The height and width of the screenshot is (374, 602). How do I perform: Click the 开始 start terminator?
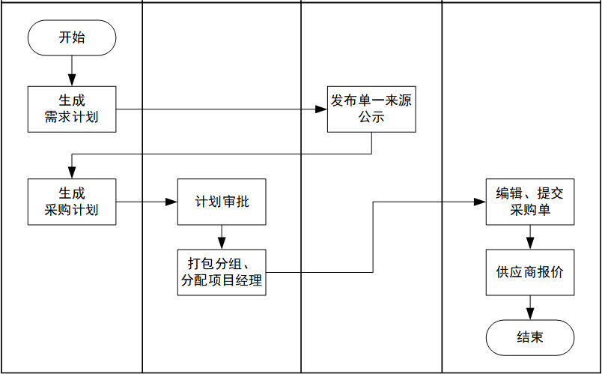(x=72, y=37)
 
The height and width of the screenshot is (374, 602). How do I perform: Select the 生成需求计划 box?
(x=72, y=109)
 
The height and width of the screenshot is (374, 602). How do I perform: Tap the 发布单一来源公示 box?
(x=371, y=109)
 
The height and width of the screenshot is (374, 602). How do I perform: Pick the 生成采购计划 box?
(x=72, y=202)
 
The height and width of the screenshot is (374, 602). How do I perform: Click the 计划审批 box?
(x=222, y=202)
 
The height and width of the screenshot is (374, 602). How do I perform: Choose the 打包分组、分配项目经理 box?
(x=222, y=272)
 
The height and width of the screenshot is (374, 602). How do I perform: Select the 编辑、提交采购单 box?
(x=530, y=202)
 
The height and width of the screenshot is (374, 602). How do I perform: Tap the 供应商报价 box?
(x=530, y=272)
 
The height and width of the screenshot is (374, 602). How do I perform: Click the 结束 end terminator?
(x=530, y=337)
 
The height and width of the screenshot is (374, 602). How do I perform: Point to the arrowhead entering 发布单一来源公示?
(x=322, y=110)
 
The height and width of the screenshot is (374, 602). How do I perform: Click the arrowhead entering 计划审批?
(x=172, y=202)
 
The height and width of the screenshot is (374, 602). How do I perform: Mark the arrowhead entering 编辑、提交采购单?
(x=481, y=202)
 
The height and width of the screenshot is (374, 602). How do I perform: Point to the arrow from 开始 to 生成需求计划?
(x=72, y=70)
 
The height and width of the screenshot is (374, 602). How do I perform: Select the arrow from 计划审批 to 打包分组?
(x=222, y=237)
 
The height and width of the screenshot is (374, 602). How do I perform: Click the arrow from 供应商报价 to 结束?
(x=530, y=307)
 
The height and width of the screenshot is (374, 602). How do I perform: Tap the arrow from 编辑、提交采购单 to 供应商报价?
(x=530, y=237)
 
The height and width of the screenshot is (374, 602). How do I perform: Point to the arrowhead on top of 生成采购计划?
(x=72, y=173)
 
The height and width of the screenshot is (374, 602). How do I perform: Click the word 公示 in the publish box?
(x=371, y=118)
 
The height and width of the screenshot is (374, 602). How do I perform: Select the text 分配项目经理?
(x=222, y=281)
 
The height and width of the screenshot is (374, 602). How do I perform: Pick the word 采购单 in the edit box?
(x=530, y=211)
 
